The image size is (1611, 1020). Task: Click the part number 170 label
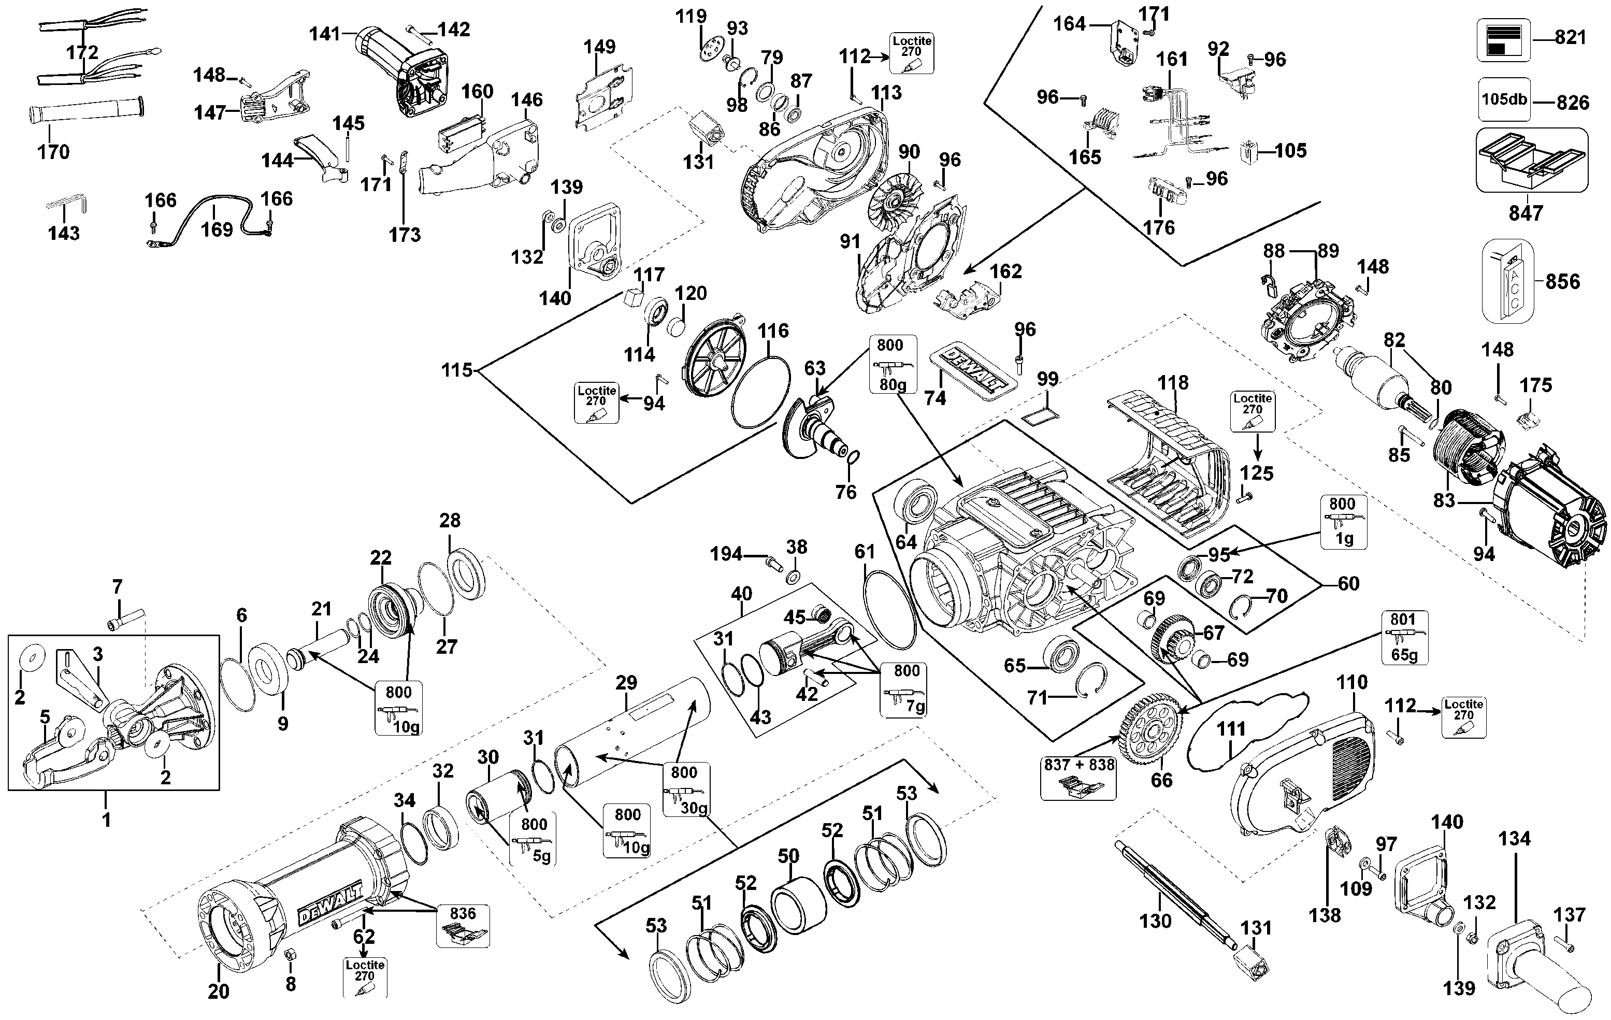[x=53, y=152]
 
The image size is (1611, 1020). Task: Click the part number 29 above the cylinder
[x=626, y=683]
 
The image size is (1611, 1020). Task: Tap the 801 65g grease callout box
[x=1404, y=637]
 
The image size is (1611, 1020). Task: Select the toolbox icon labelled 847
[x=1531, y=161]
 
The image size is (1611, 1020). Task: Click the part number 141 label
[x=326, y=34]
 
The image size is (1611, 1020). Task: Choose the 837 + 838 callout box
[x=1078, y=777]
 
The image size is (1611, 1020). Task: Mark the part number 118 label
[x=1173, y=383]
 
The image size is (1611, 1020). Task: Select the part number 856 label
[x=1563, y=282]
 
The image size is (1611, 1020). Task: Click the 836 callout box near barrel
[x=463, y=926]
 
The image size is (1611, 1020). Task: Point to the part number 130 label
[x=1155, y=921]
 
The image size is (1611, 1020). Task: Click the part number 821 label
[x=1570, y=37]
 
